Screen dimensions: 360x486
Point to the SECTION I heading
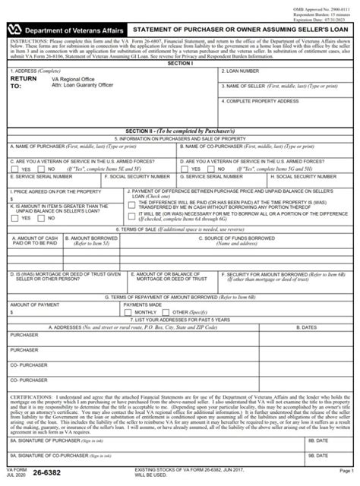coord(179,63)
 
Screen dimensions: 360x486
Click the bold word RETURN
coord(23,78)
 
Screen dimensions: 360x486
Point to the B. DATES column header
coord(314,328)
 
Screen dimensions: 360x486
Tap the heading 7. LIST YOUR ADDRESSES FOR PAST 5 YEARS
coord(179,320)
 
